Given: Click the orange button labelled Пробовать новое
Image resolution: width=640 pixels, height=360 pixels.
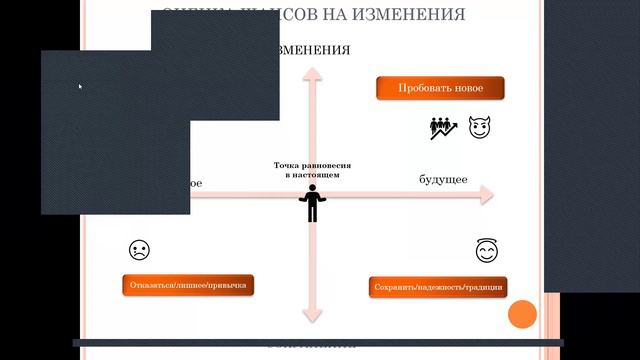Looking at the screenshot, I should coord(440,88).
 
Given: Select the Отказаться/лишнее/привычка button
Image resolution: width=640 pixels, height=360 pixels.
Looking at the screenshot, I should coord(188,286).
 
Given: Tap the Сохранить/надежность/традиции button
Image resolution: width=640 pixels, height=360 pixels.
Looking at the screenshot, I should coord(438,287).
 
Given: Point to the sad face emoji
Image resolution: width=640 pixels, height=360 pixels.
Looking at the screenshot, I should coord(139,250).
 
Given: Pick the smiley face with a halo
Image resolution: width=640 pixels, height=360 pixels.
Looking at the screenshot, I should coord(487,251).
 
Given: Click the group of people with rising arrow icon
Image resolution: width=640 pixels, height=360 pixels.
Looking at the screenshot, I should coord(444,128).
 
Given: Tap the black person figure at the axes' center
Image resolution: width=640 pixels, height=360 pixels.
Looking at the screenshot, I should coord(312,205).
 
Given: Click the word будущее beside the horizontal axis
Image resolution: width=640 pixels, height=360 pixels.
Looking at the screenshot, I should coord(443,179).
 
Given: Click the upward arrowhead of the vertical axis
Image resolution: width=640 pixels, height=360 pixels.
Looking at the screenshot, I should coord(312,74).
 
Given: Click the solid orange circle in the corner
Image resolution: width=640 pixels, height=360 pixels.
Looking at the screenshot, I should coord(522,314).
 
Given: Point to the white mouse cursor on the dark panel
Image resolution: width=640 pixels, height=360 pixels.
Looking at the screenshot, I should coord(80,87).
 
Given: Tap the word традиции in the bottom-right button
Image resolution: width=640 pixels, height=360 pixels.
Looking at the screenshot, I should coord(485,287).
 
